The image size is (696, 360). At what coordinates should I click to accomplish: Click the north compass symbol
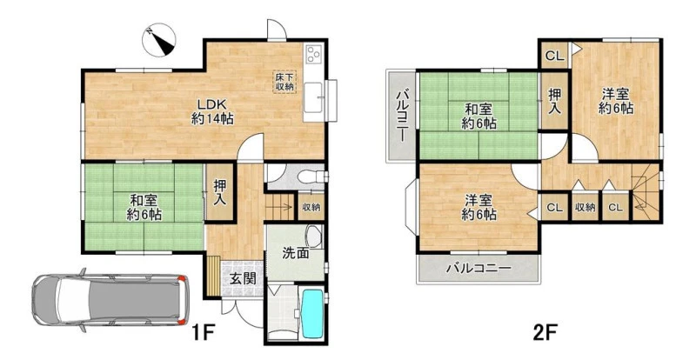[158, 39]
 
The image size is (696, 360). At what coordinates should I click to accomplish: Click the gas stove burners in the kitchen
[315, 54]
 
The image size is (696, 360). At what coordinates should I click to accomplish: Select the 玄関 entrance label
[243, 279]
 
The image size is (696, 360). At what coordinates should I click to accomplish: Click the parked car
[110, 301]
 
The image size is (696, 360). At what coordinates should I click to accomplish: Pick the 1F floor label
[204, 332]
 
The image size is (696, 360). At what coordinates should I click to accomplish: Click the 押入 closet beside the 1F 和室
[219, 192]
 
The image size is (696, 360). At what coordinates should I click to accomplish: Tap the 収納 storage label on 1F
[311, 207]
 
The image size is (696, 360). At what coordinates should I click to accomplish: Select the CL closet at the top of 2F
[554, 56]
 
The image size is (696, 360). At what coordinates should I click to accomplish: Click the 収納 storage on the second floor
[585, 207]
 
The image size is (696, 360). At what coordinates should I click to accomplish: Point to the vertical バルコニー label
[403, 116]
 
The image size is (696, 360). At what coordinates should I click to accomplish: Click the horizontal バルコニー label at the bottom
[479, 268]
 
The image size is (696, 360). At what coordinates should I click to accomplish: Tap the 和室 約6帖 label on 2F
[478, 116]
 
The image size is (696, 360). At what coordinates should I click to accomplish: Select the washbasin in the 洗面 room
[314, 236]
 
